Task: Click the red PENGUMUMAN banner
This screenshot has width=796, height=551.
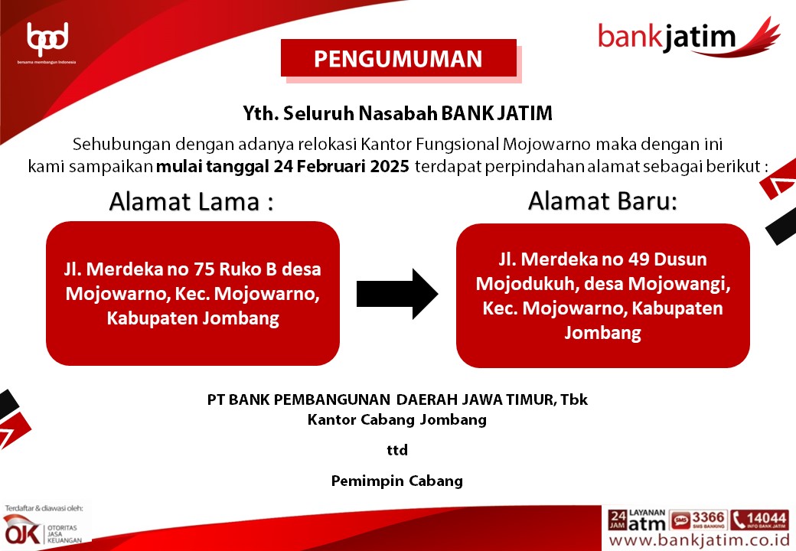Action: click(x=399, y=58)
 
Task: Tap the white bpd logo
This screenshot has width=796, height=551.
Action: click(x=47, y=39)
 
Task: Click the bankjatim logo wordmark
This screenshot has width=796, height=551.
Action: click(x=667, y=37)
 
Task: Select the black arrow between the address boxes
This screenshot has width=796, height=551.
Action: click(x=397, y=294)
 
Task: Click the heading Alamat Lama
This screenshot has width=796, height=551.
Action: click(x=191, y=201)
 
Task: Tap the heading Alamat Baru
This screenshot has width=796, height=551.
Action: click(x=602, y=201)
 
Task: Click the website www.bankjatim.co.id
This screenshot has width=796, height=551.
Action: click(x=700, y=540)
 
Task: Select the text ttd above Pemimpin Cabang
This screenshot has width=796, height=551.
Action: click(x=397, y=450)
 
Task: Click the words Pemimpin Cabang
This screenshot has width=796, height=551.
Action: click(x=397, y=481)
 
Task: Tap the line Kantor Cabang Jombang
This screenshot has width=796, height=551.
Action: click(x=397, y=420)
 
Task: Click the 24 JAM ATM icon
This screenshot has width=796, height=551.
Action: click(x=637, y=520)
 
